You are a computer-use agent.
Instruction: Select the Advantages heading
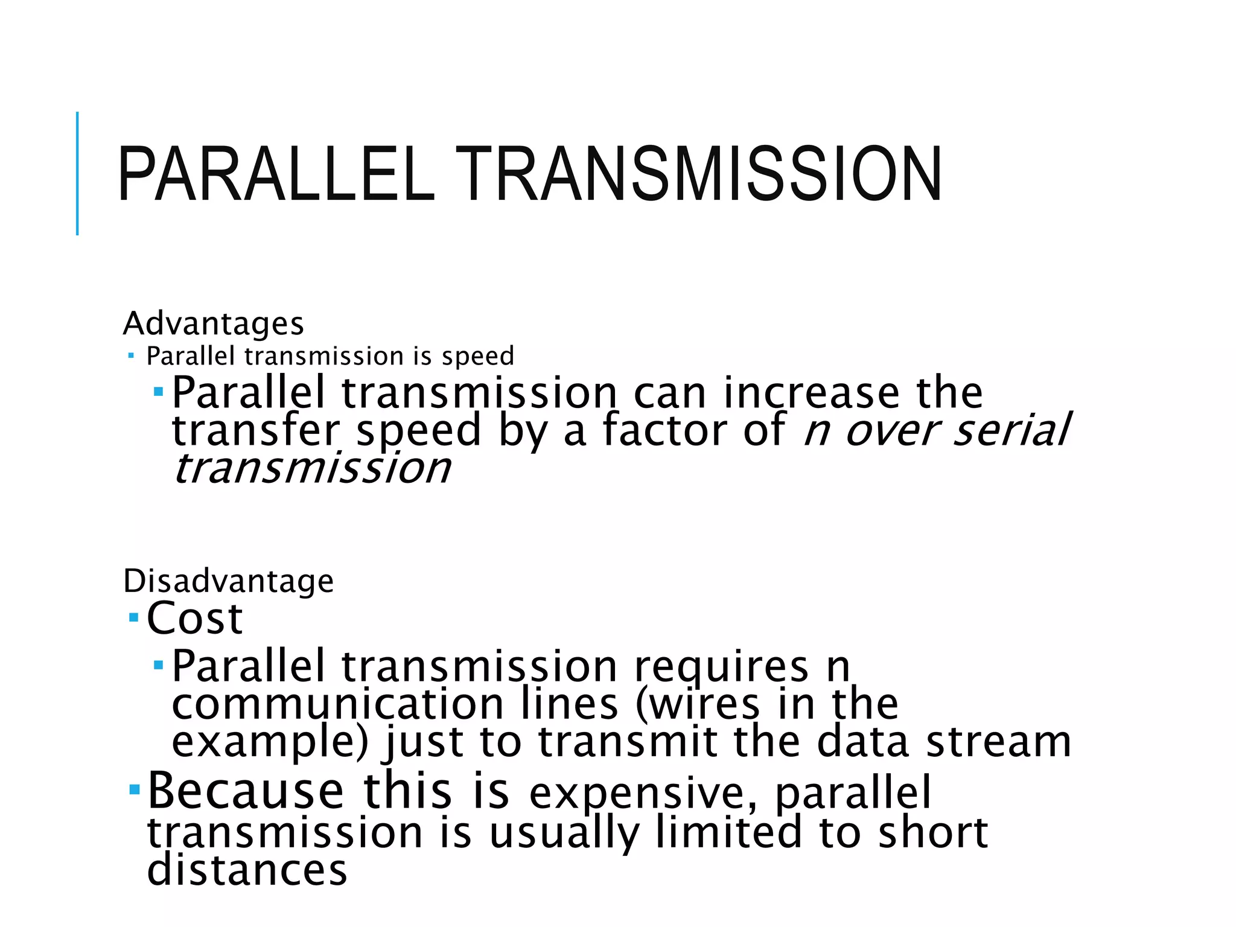(x=213, y=323)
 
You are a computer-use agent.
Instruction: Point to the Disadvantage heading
(x=228, y=581)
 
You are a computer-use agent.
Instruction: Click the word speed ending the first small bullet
(x=478, y=356)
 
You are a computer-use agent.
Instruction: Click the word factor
(x=664, y=430)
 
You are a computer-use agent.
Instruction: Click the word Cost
(x=194, y=619)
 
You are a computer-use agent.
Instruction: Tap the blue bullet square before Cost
(x=134, y=618)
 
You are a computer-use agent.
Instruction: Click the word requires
(x=721, y=667)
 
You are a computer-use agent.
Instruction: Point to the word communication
(x=337, y=704)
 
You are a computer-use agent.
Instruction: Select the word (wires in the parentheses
(x=698, y=704)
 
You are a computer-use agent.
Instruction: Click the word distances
(x=247, y=870)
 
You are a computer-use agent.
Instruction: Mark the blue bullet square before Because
(x=134, y=789)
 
